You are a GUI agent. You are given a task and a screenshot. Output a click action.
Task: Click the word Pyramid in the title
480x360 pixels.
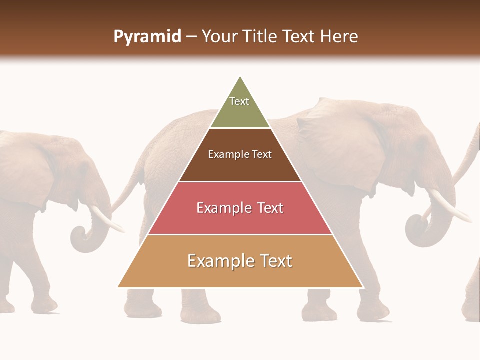pyautogui.click(x=147, y=37)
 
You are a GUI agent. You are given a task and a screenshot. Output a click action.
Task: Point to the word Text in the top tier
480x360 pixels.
pyautogui.click(x=239, y=101)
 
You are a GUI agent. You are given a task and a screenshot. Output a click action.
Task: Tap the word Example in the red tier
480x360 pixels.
pyautogui.click(x=222, y=208)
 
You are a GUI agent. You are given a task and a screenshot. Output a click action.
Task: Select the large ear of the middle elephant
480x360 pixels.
pyautogui.click(x=340, y=150)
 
